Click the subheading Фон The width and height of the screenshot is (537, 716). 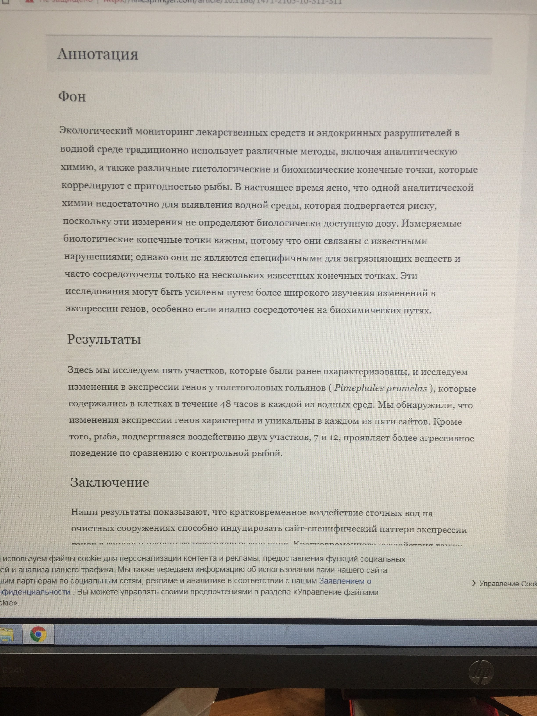72,97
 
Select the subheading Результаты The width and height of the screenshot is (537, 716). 104,339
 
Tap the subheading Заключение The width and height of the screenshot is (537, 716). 109,482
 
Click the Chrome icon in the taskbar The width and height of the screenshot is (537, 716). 38,634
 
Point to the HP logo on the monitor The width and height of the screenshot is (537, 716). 481,672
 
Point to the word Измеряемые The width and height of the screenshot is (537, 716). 431,223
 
